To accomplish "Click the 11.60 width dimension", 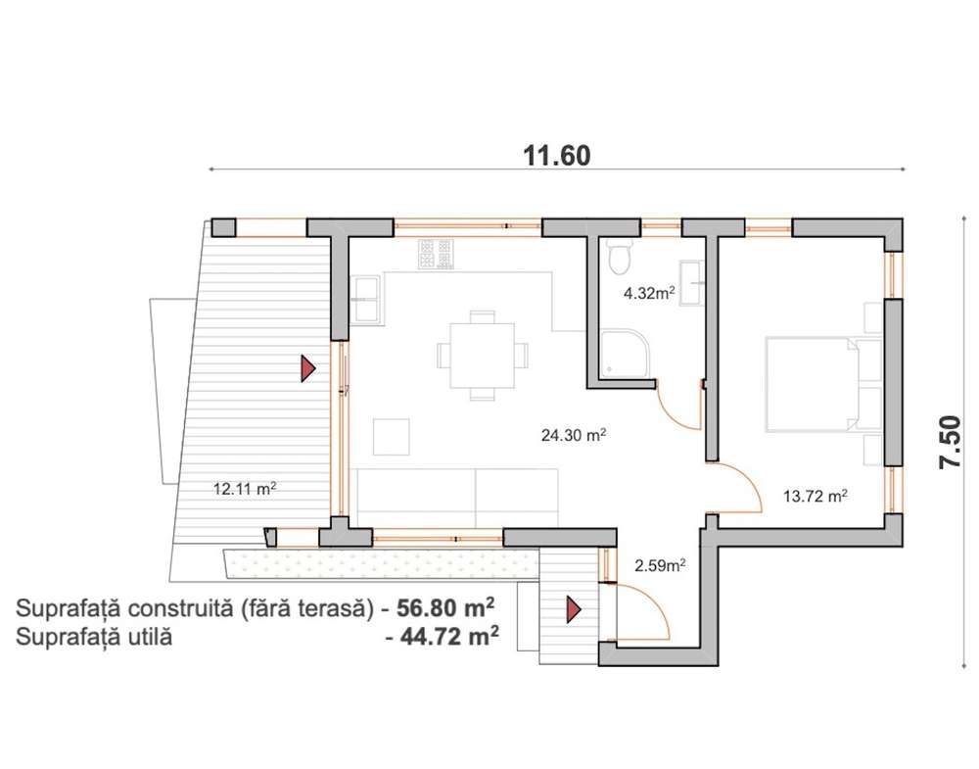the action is click(556, 156).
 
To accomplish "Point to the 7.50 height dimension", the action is click(950, 442).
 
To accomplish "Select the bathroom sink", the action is click(692, 283).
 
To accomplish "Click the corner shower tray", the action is click(624, 355).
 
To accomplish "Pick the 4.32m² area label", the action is click(649, 292).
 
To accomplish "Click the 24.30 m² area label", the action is click(574, 434).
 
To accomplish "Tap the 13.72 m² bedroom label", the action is click(816, 496).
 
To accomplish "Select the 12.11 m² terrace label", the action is click(245, 489).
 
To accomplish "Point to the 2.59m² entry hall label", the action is click(661, 566).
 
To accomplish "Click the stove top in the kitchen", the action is click(436, 255).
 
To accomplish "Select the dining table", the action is click(482, 355).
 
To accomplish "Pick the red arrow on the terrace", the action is click(307, 368).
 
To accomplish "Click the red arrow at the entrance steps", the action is click(573, 609).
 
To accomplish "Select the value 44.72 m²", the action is click(449, 637).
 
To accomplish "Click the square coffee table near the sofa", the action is click(392, 437).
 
